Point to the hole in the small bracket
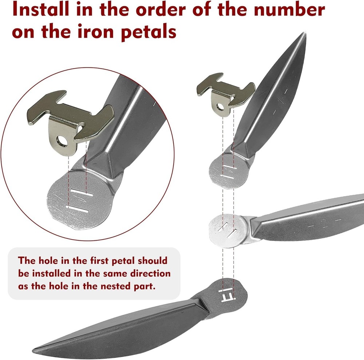click(220, 107)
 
